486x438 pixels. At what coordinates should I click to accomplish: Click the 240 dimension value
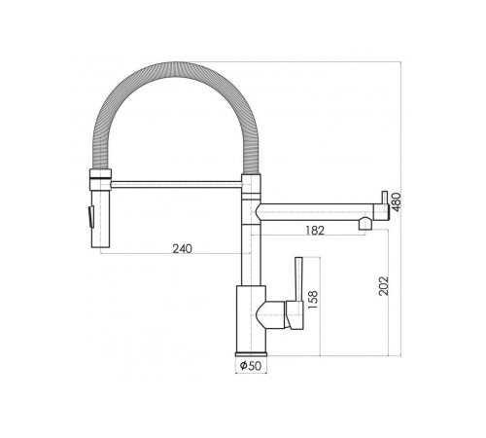[182, 249]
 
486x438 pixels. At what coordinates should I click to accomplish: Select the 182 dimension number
[315, 231]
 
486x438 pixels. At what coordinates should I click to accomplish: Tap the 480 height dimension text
[396, 202]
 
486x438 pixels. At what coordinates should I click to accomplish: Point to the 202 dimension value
[383, 286]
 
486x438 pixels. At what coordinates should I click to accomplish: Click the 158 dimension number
[313, 300]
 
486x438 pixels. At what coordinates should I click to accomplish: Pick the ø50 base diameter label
[251, 366]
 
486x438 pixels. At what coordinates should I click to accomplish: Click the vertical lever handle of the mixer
[298, 279]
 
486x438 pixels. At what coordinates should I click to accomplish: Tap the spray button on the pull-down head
[88, 217]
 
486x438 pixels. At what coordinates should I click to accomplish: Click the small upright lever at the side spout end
[385, 198]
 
